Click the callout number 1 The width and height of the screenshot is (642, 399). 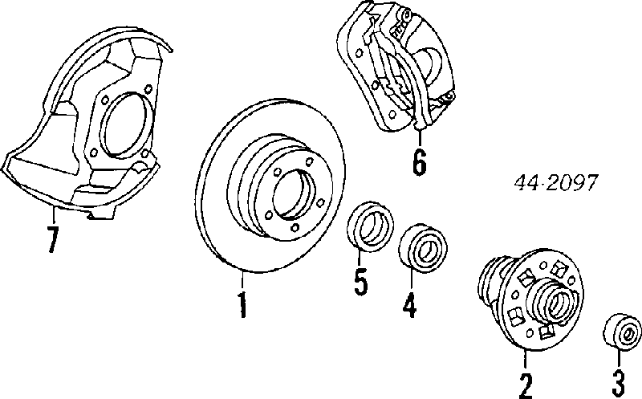point(243,304)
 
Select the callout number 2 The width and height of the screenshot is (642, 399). point(526,386)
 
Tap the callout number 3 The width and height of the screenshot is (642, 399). point(619,383)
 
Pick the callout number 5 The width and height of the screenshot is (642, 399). point(360,282)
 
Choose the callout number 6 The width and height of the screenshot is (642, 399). point(419,162)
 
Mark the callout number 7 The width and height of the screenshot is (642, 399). point(52,239)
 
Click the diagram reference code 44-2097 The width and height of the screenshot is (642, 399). point(555,183)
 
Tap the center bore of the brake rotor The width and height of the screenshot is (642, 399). point(295,194)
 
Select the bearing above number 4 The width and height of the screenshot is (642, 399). point(423,246)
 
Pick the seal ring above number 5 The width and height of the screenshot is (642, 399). point(370,226)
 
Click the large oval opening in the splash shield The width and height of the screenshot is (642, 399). point(124,125)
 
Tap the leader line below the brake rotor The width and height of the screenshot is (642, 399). point(242,281)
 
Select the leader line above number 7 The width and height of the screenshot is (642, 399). point(53,215)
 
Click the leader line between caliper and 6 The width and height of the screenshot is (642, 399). point(419,138)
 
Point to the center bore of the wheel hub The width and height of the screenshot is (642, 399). point(558,303)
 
